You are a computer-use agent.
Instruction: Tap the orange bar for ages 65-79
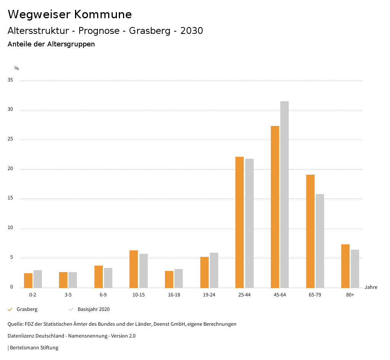pyautogui.click(x=310, y=231)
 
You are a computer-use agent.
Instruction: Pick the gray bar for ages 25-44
pyautogui.click(x=249, y=223)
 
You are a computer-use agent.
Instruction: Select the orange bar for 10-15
pyautogui.click(x=134, y=269)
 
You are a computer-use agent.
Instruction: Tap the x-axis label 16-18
pyautogui.click(x=174, y=295)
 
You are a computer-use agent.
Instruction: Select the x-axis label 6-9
pyautogui.click(x=103, y=295)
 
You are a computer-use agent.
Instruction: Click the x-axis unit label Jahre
pyautogui.click(x=371, y=287)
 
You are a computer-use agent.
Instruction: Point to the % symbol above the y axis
pyautogui.click(x=16, y=68)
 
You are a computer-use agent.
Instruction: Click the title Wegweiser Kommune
pyautogui.click(x=70, y=14)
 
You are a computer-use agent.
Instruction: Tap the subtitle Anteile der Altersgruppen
pyautogui.click(x=51, y=44)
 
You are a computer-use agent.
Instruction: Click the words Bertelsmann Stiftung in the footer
pyautogui.click(x=34, y=347)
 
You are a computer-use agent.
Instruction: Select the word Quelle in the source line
pyautogui.click(x=15, y=324)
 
